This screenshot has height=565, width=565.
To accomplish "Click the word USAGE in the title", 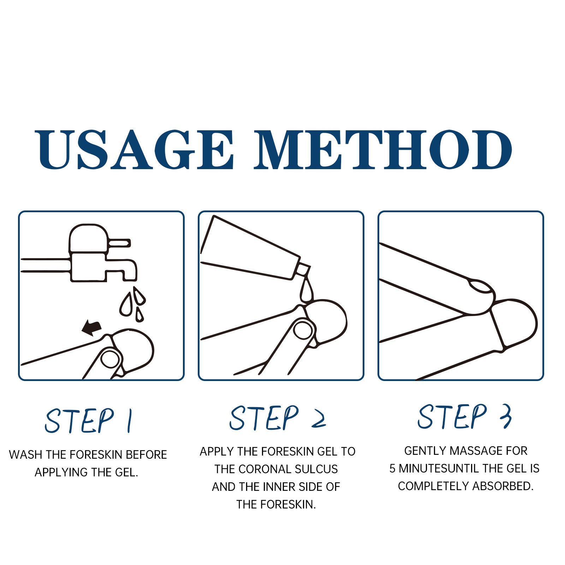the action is pos(135,149).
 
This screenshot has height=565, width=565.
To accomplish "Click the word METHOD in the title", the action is pos(383,149).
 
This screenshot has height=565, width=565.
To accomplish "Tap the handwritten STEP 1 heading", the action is pos(89,421).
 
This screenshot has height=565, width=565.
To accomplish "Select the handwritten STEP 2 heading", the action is pos(278,418).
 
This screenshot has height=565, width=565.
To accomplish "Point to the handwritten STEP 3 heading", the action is pos(465,417).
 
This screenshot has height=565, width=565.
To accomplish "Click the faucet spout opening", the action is pos(130,279).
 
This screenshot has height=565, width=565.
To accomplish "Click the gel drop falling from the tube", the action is pos(306,290).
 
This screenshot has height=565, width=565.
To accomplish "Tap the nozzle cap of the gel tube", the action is pos(302,270).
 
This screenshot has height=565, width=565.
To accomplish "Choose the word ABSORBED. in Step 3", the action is pos(503,486).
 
